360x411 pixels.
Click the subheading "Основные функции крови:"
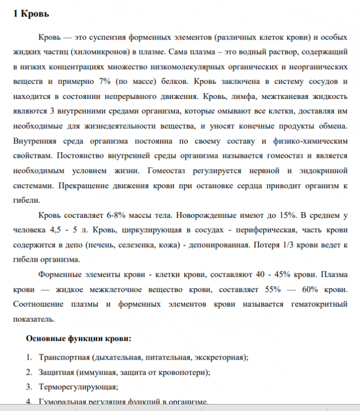pos(78,340)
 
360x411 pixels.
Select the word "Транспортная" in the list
pos(63,357)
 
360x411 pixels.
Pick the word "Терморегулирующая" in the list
pos(77,387)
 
